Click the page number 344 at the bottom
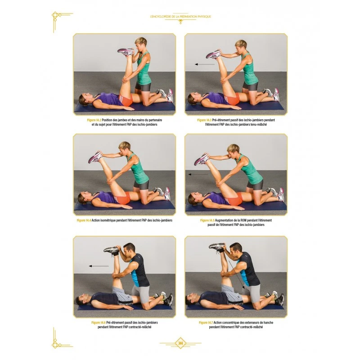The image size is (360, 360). pyautogui.click(x=180, y=343)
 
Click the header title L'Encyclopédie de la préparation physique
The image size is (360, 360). pyautogui.click(x=180, y=17)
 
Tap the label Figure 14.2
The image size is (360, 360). pyautogui.click(x=94, y=120)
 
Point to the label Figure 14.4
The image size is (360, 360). pyautogui.click(x=84, y=220)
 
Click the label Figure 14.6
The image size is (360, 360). pyautogui.click(x=97, y=322)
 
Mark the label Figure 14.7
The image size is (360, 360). pyautogui.click(x=206, y=322)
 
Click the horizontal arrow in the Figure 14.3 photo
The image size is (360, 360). pyautogui.click(x=204, y=64)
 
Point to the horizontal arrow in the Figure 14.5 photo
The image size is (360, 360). pyautogui.click(x=198, y=174)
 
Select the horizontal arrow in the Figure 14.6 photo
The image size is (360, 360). pyautogui.click(x=99, y=266)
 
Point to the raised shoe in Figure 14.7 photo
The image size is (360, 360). pyautogui.click(x=216, y=247)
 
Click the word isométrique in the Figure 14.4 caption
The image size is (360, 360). pyautogui.click(x=108, y=220)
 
